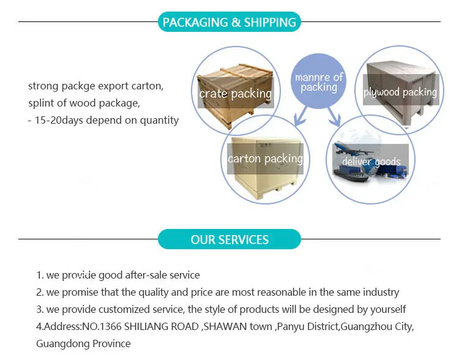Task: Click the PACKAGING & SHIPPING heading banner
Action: coord(229,23)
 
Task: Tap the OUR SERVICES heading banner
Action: coord(229,239)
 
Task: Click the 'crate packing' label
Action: coord(235,94)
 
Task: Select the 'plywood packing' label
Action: coord(400,92)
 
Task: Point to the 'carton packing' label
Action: coord(265,159)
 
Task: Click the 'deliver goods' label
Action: coord(371,162)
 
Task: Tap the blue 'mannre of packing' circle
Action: coord(319,83)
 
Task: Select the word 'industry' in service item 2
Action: coord(379,293)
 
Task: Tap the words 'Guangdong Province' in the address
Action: coord(83,343)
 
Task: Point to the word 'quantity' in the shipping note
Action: coord(159,120)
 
